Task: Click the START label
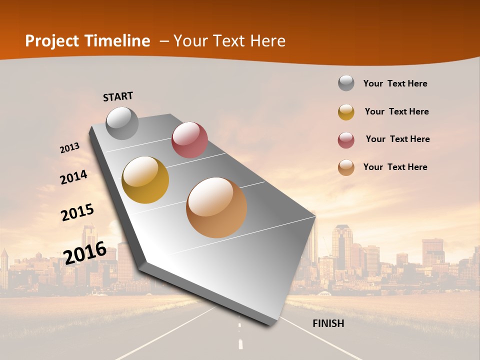pyautogui.click(x=118, y=96)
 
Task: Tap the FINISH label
pyautogui.click(x=328, y=323)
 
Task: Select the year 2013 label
pyautogui.click(x=70, y=148)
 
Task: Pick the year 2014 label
pyautogui.click(x=73, y=177)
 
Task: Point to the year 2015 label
pyautogui.click(x=77, y=212)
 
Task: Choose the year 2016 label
pyautogui.click(x=85, y=252)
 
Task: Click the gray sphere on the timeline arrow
pyautogui.click(x=122, y=123)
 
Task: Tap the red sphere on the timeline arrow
pyautogui.click(x=189, y=139)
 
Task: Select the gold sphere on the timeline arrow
pyautogui.click(x=145, y=179)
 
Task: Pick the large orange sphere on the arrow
pyautogui.click(x=216, y=207)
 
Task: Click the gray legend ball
pyautogui.click(x=346, y=83)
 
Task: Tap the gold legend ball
pyautogui.click(x=346, y=112)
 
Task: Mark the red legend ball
pyautogui.click(x=346, y=140)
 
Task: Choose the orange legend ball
pyautogui.click(x=346, y=167)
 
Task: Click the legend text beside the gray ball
pyautogui.click(x=395, y=83)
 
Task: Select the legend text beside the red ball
pyautogui.click(x=397, y=139)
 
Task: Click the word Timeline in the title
pyautogui.click(x=117, y=41)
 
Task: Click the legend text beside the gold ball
pyautogui.click(x=396, y=111)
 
